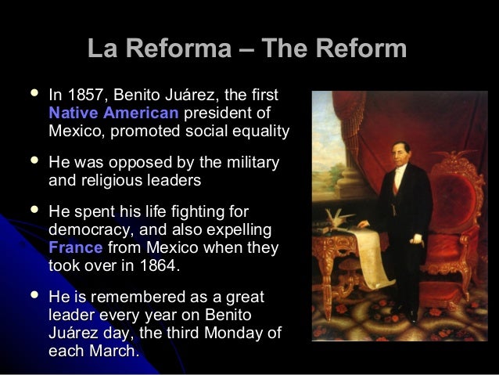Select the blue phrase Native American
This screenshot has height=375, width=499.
[x=113, y=113]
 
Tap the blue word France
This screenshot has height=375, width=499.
[x=74, y=247]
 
